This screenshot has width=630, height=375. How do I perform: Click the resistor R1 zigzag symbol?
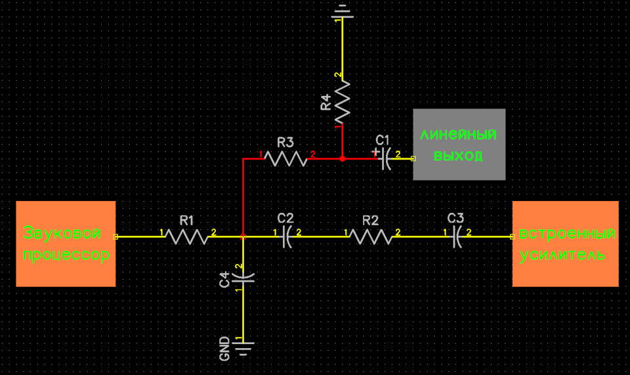[x=187, y=236]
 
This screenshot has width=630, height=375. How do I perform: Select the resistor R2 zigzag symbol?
[x=371, y=236]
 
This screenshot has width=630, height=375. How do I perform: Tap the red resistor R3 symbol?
[x=285, y=159]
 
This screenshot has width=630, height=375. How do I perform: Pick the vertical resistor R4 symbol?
[x=343, y=102]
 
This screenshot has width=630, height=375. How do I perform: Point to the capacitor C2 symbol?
[x=287, y=236]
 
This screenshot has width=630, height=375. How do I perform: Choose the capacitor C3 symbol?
[x=457, y=236]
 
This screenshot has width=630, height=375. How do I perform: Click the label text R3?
[x=285, y=143]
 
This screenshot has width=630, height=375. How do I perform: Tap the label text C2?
[x=285, y=218]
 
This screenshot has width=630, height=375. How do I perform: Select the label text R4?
[x=326, y=102]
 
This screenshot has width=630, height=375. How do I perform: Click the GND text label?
[x=224, y=349]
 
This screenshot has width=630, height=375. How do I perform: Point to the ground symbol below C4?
[x=243, y=349]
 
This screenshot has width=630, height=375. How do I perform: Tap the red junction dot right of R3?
[x=343, y=159]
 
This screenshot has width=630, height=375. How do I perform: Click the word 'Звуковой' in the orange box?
[x=62, y=232]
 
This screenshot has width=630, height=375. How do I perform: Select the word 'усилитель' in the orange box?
[x=562, y=255]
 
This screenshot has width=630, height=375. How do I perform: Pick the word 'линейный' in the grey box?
[x=459, y=134]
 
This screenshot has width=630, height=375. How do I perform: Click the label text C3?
[x=455, y=218]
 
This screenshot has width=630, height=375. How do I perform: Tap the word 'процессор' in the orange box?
[x=66, y=255]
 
